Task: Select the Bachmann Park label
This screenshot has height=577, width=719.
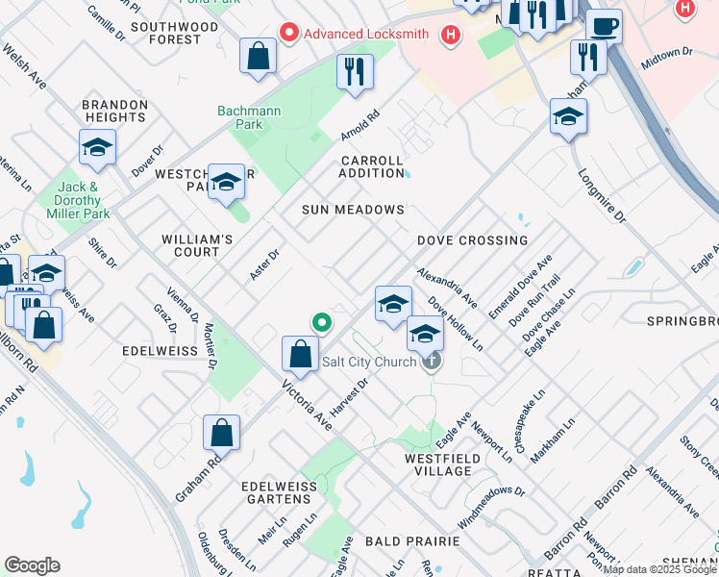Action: point(249,117)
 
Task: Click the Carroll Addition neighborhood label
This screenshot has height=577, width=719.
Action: point(372,166)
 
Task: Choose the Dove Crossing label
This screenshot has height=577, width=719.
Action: point(472,240)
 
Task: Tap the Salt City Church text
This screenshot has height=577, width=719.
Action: point(369,362)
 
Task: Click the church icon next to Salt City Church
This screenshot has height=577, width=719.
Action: point(433,362)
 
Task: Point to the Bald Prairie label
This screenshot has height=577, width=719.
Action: point(412,542)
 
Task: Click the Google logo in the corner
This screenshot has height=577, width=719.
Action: point(33,565)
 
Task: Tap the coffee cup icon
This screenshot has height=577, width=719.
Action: point(604,26)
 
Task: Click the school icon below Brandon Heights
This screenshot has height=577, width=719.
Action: point(97,148)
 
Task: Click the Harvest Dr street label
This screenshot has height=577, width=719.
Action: point(351,397)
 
